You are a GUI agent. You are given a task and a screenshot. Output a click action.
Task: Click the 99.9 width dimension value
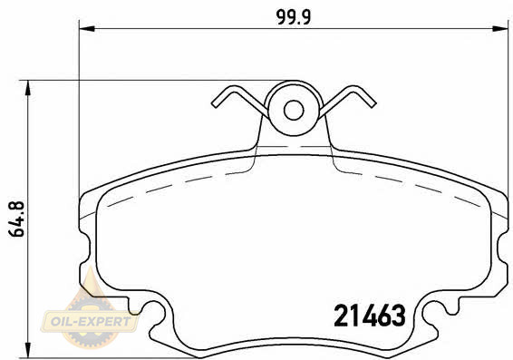coord(294,17)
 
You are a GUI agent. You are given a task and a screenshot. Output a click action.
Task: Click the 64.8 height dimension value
coord(16,219)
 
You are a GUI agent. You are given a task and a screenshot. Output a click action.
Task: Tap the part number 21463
coord(370,316)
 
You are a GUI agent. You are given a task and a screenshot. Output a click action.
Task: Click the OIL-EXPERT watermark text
coord(91,321)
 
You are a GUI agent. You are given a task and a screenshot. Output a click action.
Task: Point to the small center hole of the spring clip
coord(294,111)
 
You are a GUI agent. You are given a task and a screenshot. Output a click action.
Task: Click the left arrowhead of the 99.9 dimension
coord(87,29)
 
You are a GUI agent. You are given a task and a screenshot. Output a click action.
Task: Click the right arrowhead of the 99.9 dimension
coord(500,29)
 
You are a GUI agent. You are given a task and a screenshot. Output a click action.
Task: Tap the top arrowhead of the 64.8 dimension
coord(28,88)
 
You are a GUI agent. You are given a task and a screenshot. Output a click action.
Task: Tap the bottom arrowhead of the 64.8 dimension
coord(28,350)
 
